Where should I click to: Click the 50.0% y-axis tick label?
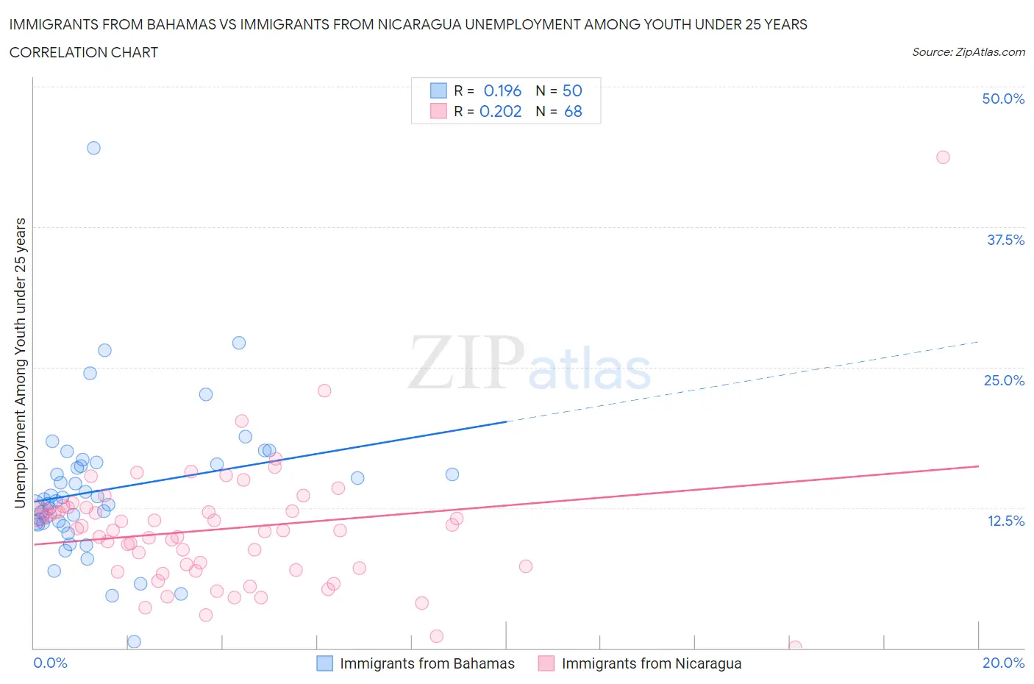click(x=1003, y=99)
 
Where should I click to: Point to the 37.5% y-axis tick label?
click(x=1005, y=240)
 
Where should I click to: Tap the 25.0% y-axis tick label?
click(x=1004, y=380)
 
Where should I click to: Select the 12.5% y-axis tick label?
click(x=1005, y=521)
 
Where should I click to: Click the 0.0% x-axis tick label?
click(x=50, y=663)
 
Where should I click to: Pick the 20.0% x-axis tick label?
click(x=1003, y=663)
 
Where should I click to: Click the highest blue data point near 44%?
click(x=93, y=148)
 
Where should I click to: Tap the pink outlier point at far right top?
click(x=943, y=157)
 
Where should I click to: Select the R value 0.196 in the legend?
click(x=502, y=90)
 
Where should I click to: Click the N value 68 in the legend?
click(x=573, y=111)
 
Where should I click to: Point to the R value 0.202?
click(x=500, y=111)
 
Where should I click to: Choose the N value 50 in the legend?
click(x=572, y=90)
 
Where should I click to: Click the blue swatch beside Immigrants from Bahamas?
click(x=324, y=663)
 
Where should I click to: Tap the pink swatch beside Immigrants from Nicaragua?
click(x=546, y=663)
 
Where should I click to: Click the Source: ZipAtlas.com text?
click(x=968, y=52)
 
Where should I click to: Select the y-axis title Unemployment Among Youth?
click(x=21, y=363)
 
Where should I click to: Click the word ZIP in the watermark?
click(x=466, y=363)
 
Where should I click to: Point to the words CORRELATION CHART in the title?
click(x=84, y=52)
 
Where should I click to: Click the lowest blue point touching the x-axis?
click(x=134, y=641)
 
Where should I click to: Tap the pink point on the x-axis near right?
click(x=795, y=646)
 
